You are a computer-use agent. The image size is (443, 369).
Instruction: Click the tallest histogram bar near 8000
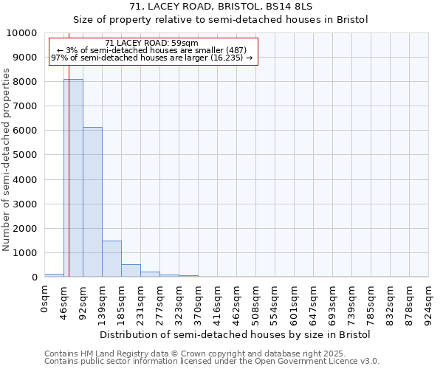pos(73,178)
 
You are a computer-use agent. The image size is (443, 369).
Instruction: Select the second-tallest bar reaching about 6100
pos(92,202)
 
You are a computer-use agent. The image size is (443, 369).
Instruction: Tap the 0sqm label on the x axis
pos(45,300)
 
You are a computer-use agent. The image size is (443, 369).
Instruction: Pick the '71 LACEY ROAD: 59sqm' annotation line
pos(151,44)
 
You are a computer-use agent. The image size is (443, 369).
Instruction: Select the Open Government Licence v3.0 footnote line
pos(212,362)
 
